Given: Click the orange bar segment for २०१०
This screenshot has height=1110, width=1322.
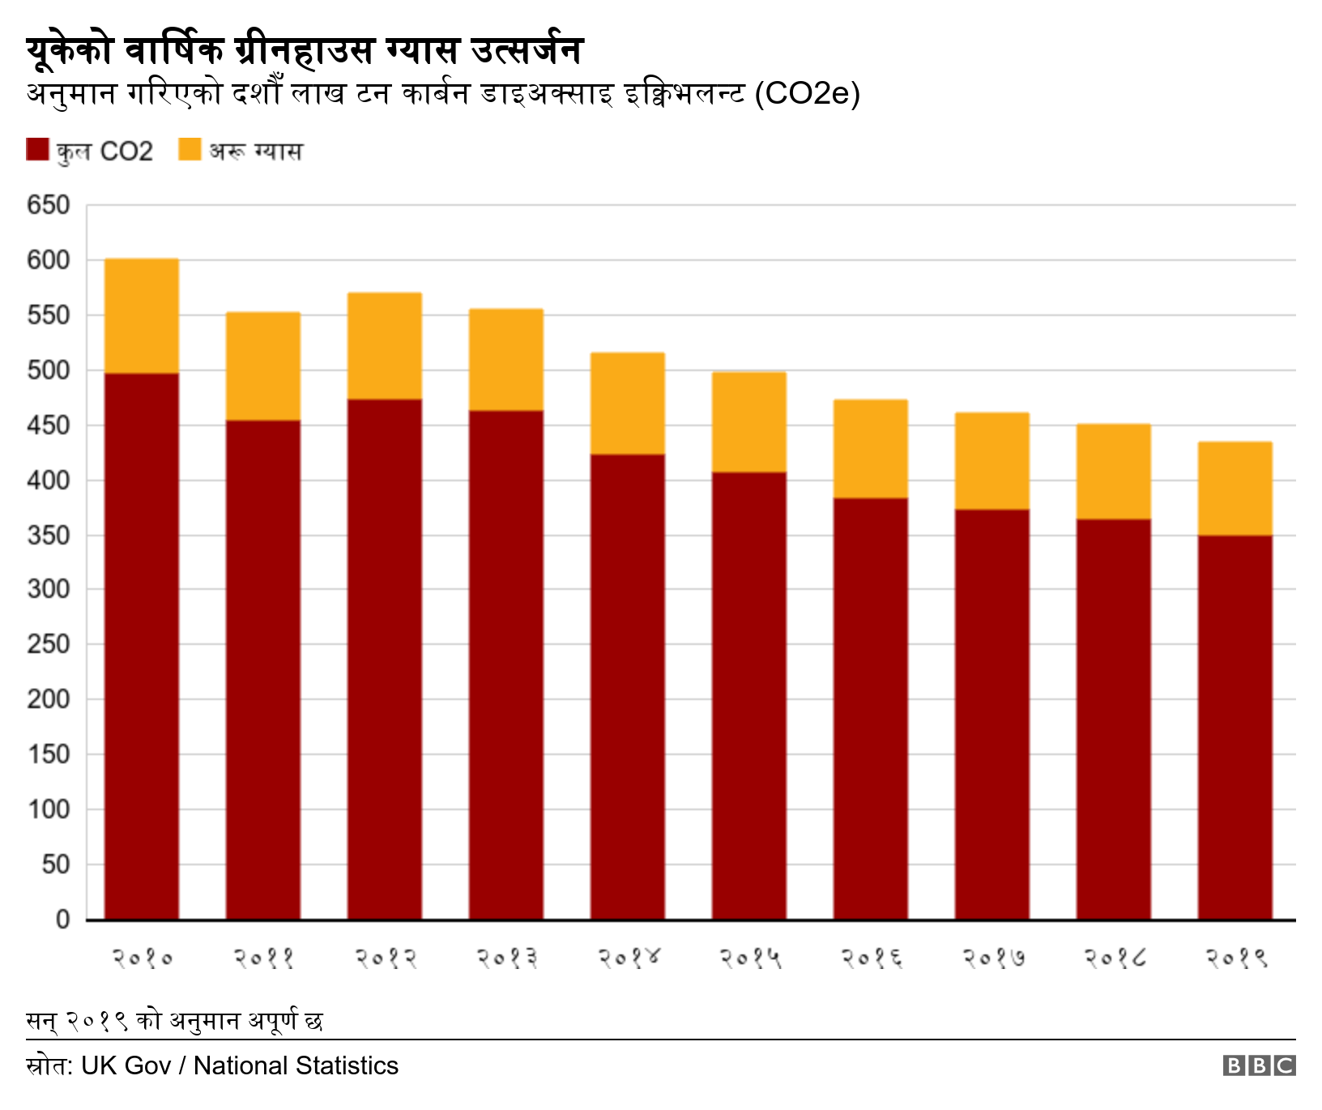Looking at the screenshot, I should [x=142, y=316].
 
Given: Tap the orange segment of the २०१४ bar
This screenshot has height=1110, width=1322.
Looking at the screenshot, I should [x=628, y=403].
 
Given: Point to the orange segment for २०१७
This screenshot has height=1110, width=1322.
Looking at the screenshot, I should [x=992, y=461].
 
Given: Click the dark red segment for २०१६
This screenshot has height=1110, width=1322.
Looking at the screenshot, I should [x=871, y=708].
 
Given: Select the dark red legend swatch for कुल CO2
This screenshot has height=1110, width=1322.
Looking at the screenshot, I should [x=37, y=150].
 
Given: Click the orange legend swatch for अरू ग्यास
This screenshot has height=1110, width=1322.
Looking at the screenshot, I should [x=190, y=150].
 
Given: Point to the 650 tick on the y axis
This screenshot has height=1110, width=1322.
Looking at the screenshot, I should [x=49, y=205].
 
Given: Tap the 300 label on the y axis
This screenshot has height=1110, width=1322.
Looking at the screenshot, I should [x=49, y=589].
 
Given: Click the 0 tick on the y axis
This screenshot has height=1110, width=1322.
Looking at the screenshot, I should [x=62, y=920].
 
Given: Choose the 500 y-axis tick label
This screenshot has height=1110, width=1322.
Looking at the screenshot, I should [x=49, y=370].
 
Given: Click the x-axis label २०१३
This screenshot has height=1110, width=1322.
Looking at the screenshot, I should [x=507, y=958].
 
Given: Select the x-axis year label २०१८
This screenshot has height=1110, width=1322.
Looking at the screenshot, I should [x=1115, y=958].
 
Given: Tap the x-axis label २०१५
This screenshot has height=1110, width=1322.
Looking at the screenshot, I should [x=750, y=958].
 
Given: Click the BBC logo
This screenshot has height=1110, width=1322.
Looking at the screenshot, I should [x=1259, y=1065].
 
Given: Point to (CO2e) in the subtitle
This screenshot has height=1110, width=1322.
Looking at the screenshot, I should [x=807, y=93].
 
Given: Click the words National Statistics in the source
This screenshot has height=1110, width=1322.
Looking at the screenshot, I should [x=296, y=1065].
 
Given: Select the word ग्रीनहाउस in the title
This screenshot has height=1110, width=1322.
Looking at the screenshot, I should [x=304, y=50].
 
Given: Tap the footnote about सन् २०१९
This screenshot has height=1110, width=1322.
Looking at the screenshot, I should [x=174, y=1020].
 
